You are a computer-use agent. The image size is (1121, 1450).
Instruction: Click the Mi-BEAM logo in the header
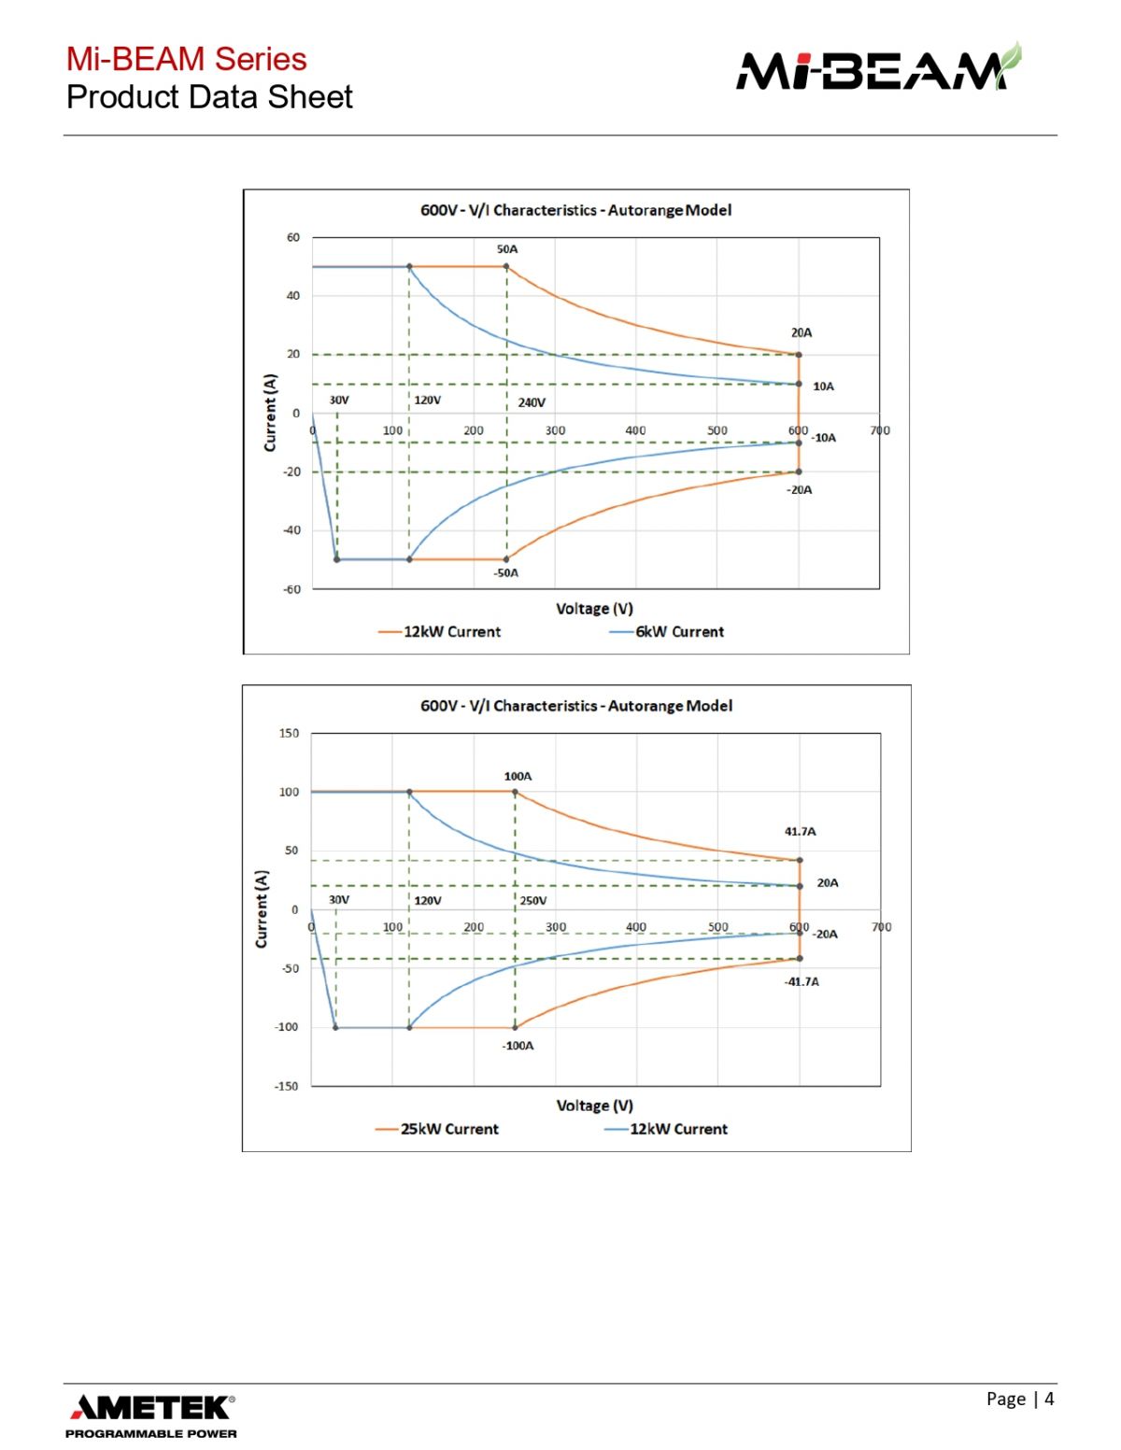pyautogui.click(x=878, y=68)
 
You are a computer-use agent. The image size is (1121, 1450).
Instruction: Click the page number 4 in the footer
pyautogui.click(x=1049, y=1398)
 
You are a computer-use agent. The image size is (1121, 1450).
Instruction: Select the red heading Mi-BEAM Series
pyautogui.click(x=186, y=59)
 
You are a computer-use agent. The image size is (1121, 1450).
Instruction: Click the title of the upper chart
pyautogui.click(x=575, y=210)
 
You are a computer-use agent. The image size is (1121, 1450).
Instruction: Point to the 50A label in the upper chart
pyautogui.click(x=507, y=249)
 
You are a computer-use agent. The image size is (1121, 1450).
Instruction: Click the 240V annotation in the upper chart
pyautogui.click(x=532, y=402)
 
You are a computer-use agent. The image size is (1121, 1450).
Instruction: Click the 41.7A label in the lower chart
pyautogui.click(x=800, y=831)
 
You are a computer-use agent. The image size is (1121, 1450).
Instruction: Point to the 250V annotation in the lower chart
pyautogui.click(x=533, y=900)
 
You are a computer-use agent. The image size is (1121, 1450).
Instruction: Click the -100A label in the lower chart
pyautogui.click(x=518, y=1046)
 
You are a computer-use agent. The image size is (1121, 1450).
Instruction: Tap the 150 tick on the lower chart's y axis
pyautogui.click(x=289, y=733)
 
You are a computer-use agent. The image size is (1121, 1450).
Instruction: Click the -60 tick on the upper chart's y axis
pyautogui.click(x=291, y=589)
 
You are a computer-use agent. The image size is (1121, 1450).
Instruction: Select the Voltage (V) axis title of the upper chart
pyautogui.click(x=594, y=609)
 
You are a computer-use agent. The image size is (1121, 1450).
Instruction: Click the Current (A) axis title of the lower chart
pyautogui.click(x=262, y=908)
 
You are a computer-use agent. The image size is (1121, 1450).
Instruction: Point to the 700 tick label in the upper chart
pyautogui.click(x=880, y=430)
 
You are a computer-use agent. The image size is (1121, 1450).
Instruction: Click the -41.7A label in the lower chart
pyautogui.click(x=802, y=981)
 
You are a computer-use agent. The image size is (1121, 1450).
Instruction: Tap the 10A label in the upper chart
pyautogui.click(x=823, y=386)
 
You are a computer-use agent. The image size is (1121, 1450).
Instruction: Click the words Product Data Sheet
pyautogui.click(x=209, y=97)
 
